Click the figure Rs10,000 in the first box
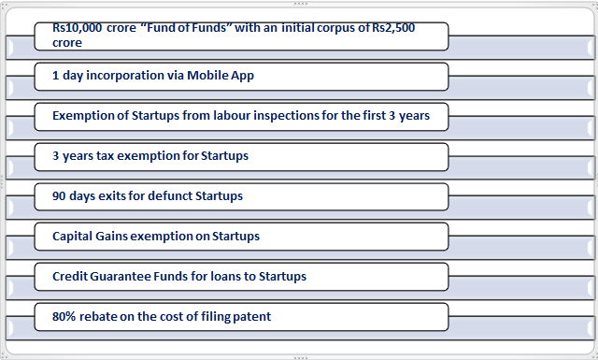[x=77, y=28]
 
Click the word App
[x=243, y=76]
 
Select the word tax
[x=105, y=156]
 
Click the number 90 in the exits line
[x=59, y=195]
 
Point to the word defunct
[x=170, y=195]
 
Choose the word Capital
[x=72, y=237]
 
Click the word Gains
[x=111, y=236]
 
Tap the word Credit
[x=70, y=276]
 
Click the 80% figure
[x=64, y=316]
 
